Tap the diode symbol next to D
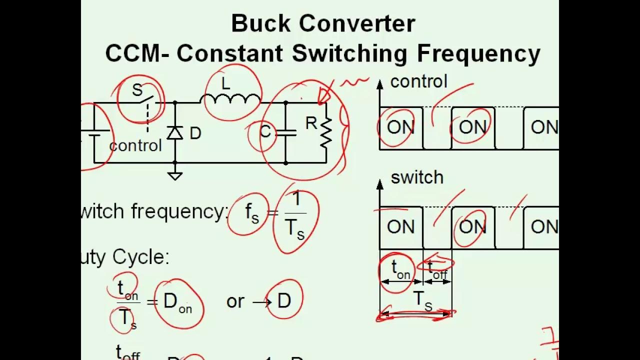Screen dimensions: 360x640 tap(174, 133)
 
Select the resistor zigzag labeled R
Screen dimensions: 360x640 tap(326, 132)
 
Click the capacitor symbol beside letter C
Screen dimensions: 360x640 tap(285, 133)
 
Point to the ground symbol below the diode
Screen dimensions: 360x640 tap(174, 175)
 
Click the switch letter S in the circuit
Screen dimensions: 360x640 tap(137, 90)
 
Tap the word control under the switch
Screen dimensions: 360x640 tap(135, 145)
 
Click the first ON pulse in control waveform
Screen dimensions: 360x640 tap(400, 127)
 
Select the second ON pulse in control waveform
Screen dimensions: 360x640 tap(472, 127)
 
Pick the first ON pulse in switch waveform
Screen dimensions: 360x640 tap(400, 227)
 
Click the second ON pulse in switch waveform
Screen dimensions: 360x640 tap(472, 227)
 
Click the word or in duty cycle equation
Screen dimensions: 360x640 tap(235, 301)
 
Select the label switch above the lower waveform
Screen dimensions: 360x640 tap(417, 177)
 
